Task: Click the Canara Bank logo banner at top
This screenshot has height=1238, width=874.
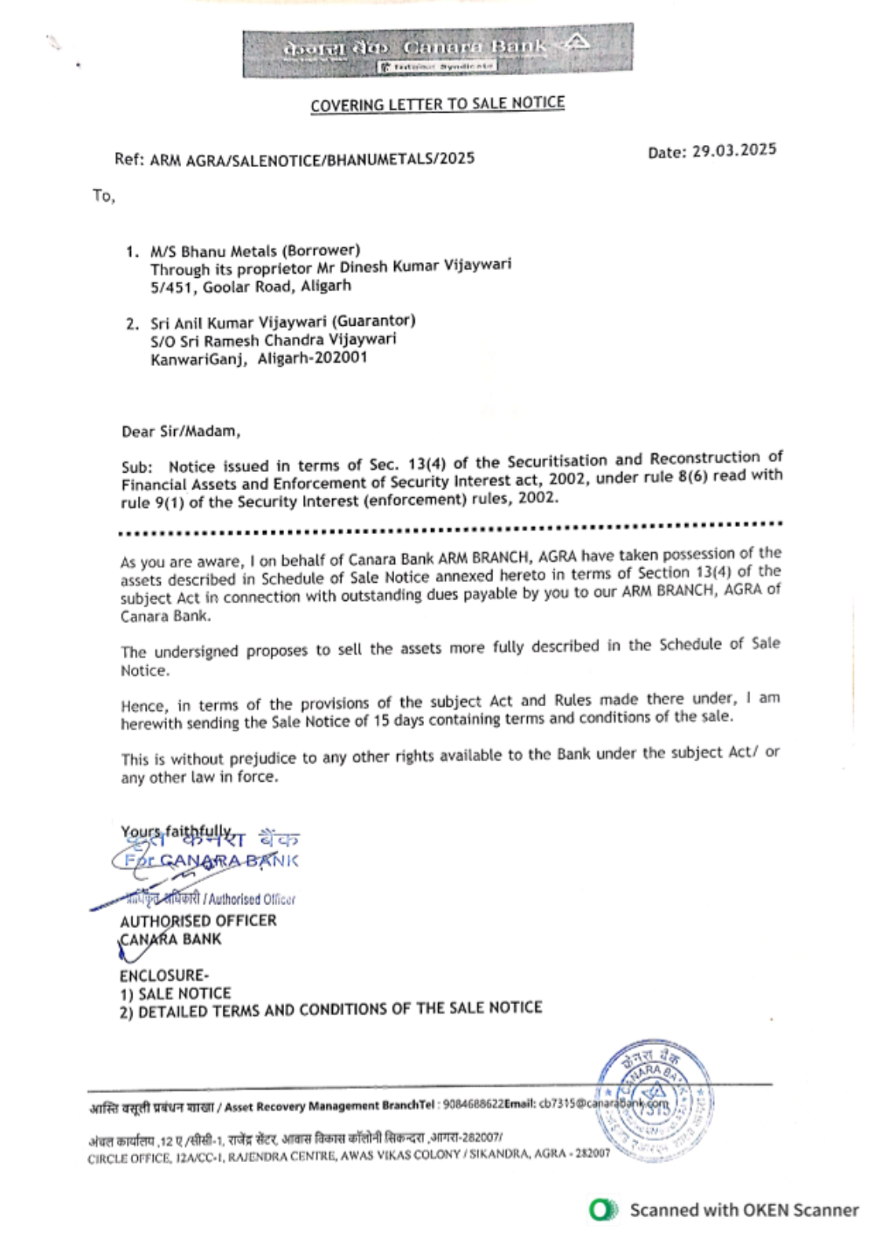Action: coord(437,51)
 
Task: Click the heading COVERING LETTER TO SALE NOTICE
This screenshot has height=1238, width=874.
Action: coord(437,104)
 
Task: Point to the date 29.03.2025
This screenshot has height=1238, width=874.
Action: coord(734,150)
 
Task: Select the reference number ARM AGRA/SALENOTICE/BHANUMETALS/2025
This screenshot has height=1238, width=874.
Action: coord(312,159)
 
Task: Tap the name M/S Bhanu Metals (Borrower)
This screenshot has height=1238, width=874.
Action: coord(254,251)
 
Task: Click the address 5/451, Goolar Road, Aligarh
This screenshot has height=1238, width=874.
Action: coord(250,287)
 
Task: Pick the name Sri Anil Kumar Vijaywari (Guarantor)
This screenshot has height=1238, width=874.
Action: coord(282,322)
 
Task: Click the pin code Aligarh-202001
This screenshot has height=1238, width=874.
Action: coord(312,358)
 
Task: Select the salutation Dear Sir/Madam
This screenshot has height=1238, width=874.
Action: coord(180,431)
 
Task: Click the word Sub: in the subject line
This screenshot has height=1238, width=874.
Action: coord(136,467)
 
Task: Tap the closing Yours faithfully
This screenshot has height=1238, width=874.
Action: coord(176,831)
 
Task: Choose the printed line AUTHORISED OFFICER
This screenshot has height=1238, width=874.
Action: coord(198,921)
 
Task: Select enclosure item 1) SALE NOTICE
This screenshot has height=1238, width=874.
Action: coord(175,993)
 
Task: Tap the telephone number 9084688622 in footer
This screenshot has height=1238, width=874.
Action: coord(473,1104)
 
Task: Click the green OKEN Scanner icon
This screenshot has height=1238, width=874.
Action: coord(603,1210)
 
